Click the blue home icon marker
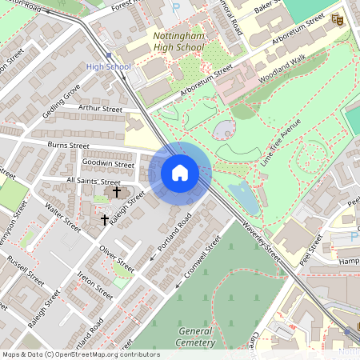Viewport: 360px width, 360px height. [180, 172]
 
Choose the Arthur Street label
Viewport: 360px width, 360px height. [100, 109]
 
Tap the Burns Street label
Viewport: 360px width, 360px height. [68, 146]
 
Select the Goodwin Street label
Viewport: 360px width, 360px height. [108, 164]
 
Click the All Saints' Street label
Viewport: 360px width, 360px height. [93, 182]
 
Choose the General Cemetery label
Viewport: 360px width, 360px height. [196, 337]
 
